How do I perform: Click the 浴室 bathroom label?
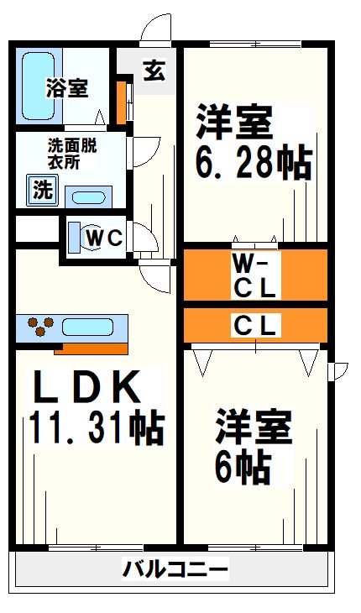pyautogui.click(x=67, y=87)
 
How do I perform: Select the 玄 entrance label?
pyautogui.click(x=153, y=71)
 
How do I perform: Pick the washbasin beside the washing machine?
pyautogui.click(x=86, y=197)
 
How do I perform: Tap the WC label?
pyautogui.click(x=107, y=238)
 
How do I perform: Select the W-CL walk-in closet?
pyautogui.click(x=254, y=275)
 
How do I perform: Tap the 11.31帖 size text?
pyautogui.click(x=96, y=427)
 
